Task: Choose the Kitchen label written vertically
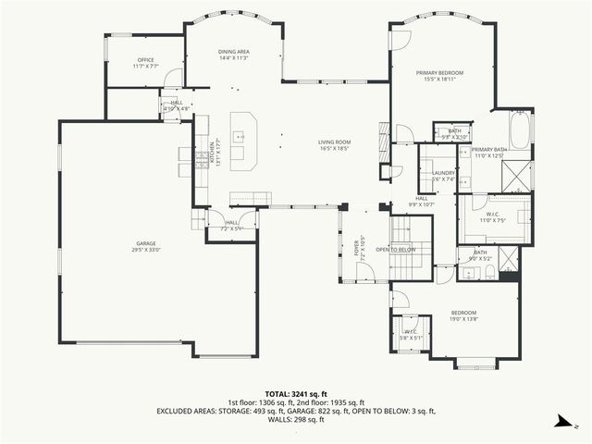click(214, 154)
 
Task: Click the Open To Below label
click(395, 250)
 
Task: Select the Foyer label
click(357, 246)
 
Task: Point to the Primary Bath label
click(487, 153)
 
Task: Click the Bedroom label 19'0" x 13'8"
click(463, 315)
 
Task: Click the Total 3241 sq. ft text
click(296, 393)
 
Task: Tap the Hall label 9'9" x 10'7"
click(421, 201)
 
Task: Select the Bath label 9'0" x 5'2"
click(480, 254)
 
